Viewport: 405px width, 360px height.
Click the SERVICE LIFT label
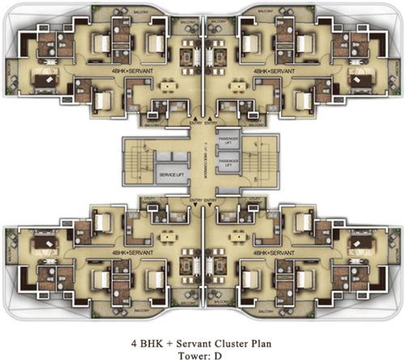tap(170, 175)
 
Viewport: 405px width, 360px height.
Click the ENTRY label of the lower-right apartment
tap(211, 200)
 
